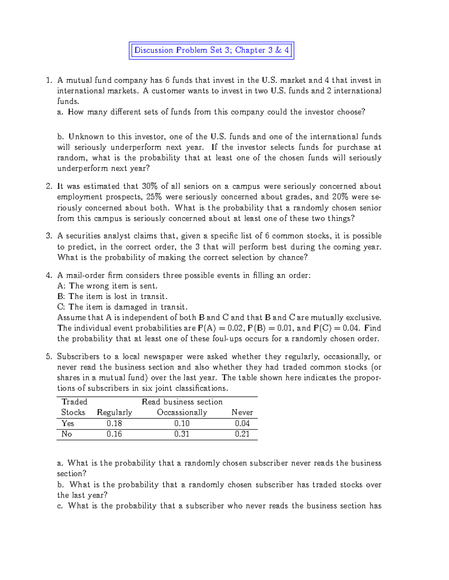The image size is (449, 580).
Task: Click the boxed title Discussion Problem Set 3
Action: (x=211, y=50)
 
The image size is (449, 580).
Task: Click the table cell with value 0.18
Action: (x=114, y=423)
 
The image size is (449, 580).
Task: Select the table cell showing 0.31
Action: (x=182, y=434)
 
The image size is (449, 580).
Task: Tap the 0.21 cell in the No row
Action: (x=242, y=434)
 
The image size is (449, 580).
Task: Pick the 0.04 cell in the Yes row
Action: (x=242, y=423)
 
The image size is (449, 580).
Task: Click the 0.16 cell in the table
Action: (x=114, y=434)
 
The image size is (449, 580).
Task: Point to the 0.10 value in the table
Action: (x=182, y=423)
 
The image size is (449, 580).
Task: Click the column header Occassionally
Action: (x=182, y=412)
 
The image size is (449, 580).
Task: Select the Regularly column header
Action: (x=114, y=412)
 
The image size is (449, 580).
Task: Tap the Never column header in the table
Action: (x=242, y=412)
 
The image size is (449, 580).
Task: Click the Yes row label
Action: (x=68, y=423)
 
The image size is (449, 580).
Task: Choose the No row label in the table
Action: (x=67, y=434)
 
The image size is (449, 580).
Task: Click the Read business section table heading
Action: (x=182, y=402)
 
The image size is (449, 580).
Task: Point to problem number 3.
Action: (x=49, y=236)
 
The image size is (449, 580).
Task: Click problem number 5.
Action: (x=49, y=357)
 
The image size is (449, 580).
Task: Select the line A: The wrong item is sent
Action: (x=107, y=286)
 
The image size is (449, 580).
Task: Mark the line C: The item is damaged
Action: (x=122, y=307)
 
